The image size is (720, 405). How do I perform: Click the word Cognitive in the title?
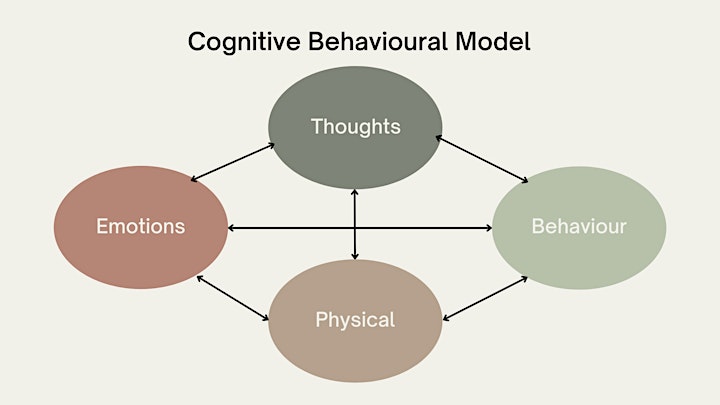pyautogui.click(x=244, y=42)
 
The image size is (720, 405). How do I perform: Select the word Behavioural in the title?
pyautogui.click(x=378, y=41)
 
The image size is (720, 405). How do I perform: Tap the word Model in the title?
pyautogui.click(x=493, y=41)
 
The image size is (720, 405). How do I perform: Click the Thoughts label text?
pyautogui.click(x=355, y=127)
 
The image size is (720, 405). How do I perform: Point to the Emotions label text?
pyautogui.click(x=141, y=226)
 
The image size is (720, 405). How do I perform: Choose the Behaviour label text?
pyautogui.click(x=579, y=226)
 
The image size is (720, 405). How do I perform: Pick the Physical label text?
pyautogui.click(x=355, y=320)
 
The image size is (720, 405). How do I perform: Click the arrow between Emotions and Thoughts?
pyautogui.click(x=232, y=162)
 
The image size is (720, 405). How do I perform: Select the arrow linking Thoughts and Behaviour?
pyautogui.click(x=482, y=159)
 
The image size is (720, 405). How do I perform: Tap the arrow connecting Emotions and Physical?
pyautogui.click(x=232, y=298)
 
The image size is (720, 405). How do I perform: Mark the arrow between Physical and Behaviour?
pyautogui.click(x=485, y=298)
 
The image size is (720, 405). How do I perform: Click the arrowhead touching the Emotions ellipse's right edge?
pyautogui.click(x=231, y=228)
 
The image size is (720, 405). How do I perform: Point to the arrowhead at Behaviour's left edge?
pyautogui.click(x=488, y=228)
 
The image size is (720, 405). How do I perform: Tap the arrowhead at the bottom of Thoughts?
pyautogui.click(x=354, y=193)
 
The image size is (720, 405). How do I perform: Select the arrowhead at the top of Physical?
pyautogui.click(x=354, y=256)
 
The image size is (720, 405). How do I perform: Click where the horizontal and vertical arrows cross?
pyautogui.click(x=354, y=228)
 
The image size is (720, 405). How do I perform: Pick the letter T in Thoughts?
pyautogui.click(x=317, y=126)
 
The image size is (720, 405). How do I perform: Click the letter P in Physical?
pyautogui.click(x=321, y=319)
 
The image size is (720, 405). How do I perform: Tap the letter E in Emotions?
pyautogui.click(x=102, y=226)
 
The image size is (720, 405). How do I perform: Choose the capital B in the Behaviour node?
pyautogui.click(x=538, y=226)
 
